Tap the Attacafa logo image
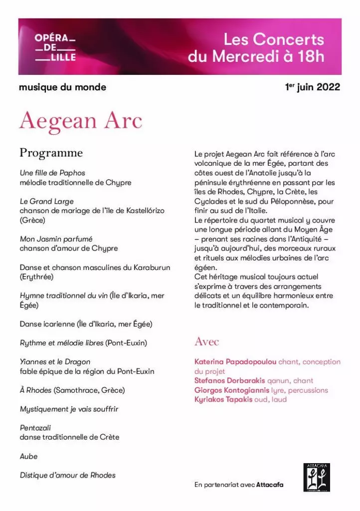(x=317, y=477)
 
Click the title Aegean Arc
(x=81, y=121)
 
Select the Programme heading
(x=51, y=153)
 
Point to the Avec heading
(x=206, y=342)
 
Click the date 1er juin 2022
(x=313, y=87)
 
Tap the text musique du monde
(x=62, y=87)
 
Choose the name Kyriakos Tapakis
(x=223, y=399)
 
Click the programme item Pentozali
(x=35, y=428)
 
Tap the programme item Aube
(x=28, y=456)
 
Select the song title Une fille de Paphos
(x=52, y=173)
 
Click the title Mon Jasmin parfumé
(x=56, y=239)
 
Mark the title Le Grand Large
(x=47, y=202)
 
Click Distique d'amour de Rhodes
(x=67, y=475)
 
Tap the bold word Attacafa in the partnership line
(x=270, y=485)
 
